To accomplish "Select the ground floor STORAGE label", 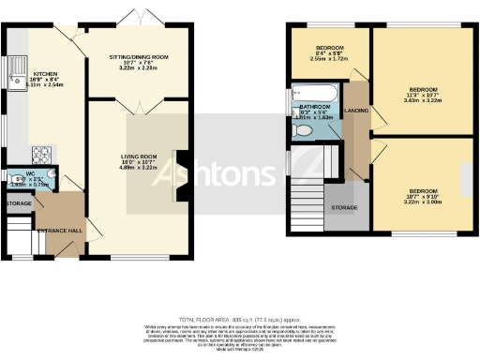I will coord(18,202).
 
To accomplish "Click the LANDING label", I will coord(357,110).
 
